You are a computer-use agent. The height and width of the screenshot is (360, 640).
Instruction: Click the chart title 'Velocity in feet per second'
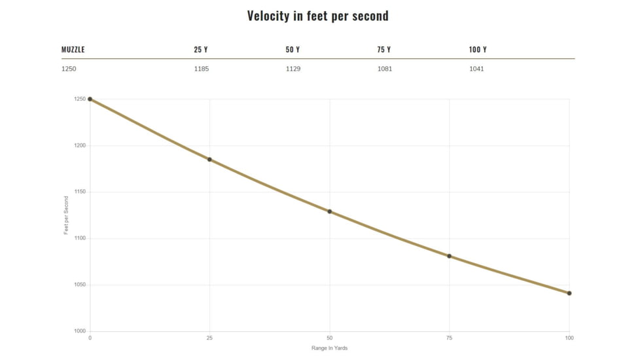click(317, 16)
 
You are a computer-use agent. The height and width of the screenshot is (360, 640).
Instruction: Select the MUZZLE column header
click(73, 50)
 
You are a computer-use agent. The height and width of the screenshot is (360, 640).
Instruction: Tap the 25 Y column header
click(201, 50)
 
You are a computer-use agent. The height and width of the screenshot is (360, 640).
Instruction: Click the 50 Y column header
click(293, 50)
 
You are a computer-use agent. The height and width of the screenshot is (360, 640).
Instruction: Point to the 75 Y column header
click(384, 50)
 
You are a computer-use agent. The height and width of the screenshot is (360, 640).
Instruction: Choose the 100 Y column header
click(478, 50)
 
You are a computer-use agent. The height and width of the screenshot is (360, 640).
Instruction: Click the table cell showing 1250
click(69, 69)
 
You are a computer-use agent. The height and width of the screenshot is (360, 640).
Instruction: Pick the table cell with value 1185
click(202, 69)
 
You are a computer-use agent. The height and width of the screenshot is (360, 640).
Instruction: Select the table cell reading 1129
click(293, 69)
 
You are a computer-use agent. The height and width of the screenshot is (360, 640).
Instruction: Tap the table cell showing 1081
click(385, 69)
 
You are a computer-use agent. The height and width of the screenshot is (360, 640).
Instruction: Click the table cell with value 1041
click(476, 69)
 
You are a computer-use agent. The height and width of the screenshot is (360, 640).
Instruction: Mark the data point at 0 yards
click(90, 99)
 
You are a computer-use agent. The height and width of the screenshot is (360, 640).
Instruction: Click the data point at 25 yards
click(209, 160)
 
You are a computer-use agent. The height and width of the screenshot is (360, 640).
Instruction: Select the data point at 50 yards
click(330, 211)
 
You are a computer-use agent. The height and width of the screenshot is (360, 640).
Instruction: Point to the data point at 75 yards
click(450, 256)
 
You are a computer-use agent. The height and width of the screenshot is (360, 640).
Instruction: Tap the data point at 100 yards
click(569, 293)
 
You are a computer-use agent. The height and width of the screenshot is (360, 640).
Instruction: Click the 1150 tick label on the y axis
click(79, 192)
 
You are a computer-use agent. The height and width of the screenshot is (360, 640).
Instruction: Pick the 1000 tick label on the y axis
click(79, 331)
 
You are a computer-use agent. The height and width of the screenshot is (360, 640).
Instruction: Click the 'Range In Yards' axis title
click(329, 348)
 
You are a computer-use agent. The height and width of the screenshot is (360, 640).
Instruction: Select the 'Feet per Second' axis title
click(66, 215)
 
